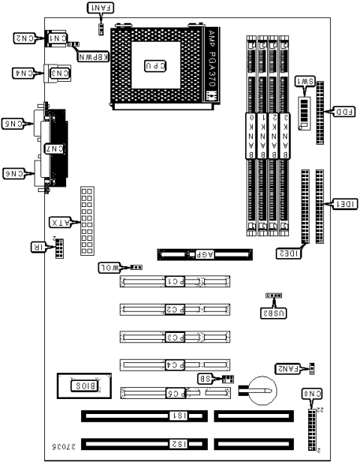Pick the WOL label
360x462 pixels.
(110, 267)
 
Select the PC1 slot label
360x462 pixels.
(174, 281)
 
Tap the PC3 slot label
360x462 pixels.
(174, 336)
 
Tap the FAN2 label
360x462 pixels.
(289, 368)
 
